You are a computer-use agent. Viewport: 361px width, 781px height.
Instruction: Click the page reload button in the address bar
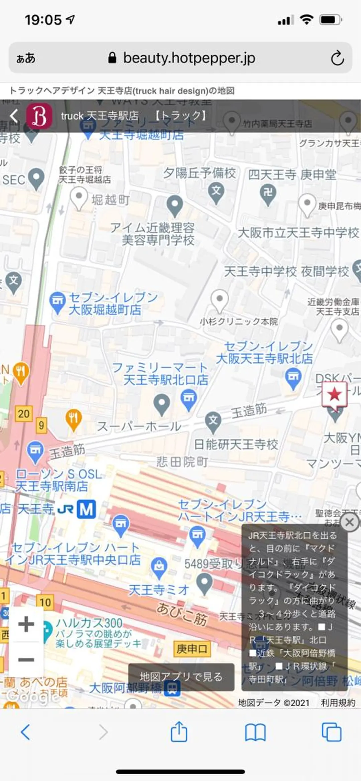coord(337,58)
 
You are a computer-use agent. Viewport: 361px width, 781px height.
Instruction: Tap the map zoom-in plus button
coord(26,624)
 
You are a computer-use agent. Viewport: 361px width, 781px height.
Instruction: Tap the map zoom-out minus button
coord(26,660)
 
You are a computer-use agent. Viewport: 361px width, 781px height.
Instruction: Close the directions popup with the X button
coord(350,522)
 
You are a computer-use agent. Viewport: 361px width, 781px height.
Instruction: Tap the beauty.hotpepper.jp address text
coord(189,58)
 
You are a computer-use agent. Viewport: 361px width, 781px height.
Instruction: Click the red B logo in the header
coord(39,116)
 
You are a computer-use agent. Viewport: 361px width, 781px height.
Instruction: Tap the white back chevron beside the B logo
coord(14,116)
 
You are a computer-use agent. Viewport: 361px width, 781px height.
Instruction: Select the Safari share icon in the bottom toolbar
coord(179,732)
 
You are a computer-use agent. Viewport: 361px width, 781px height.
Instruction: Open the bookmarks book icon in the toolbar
coord(255,732)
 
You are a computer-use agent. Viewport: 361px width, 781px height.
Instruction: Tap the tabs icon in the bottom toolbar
coord(331,732)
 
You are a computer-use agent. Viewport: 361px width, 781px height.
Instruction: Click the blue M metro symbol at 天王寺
coord(86,509)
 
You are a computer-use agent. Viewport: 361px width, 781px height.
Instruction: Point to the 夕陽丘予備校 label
coord(199,173)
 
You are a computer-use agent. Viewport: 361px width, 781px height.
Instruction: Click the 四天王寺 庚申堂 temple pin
coord(268,193)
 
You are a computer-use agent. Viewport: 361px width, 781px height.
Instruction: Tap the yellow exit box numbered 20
coord(24,414)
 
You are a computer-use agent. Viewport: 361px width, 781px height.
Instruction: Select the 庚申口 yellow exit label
coord(192,649)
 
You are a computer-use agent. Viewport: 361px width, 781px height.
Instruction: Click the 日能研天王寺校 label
coord(236,444)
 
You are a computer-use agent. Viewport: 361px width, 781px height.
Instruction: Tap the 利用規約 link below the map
coord(338,703)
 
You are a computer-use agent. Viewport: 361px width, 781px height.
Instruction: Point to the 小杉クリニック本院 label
coord(239,321)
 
